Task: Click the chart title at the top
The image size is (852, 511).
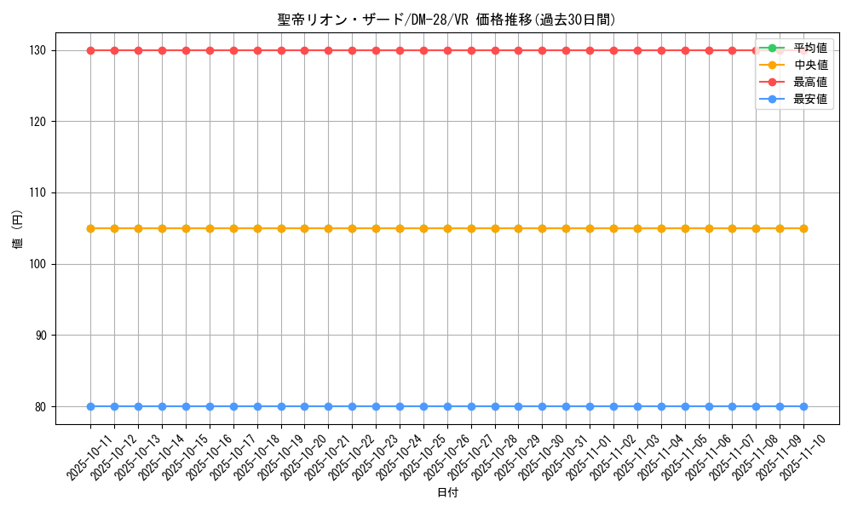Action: point(446,20)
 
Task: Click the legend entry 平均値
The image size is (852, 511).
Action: point(809,48)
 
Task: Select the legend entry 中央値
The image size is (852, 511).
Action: point(809,65)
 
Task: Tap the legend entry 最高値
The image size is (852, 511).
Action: point(809,82)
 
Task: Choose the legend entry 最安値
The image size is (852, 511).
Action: point(809,99)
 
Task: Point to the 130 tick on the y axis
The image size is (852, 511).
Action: point(40,50)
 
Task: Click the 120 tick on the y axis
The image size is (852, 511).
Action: point(40,122)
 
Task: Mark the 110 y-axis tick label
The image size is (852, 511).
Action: point(40,193)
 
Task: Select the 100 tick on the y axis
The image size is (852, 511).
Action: point(40,264)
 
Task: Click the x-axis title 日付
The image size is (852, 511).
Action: point(446,493)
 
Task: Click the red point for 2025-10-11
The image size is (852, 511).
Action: point(90,50)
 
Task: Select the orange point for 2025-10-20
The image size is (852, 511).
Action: point(304,228)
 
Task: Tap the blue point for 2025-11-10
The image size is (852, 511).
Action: point(803,406)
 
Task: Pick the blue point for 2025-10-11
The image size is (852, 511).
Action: point(90,406)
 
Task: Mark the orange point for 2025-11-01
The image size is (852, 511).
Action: point(590,228)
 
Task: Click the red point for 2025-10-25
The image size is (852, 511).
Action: point(423,50)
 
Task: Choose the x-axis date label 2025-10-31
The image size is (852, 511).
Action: point(546,456)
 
